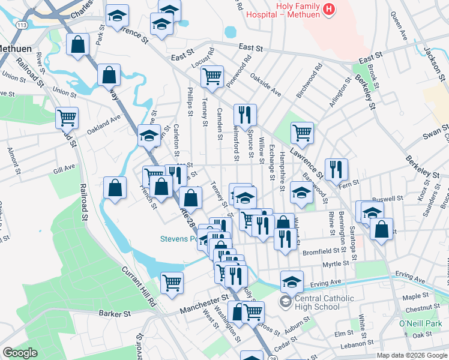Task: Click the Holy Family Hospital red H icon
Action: point(328,10)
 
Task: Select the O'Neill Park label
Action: point(420,324)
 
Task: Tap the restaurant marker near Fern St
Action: point(336,169)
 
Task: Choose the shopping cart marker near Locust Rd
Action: point(211,76)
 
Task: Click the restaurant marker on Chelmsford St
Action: point(245,114)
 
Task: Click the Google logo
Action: point(20,352)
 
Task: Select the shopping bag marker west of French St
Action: point(115,187)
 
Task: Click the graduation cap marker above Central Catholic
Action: point(292,280)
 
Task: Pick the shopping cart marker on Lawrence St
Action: point(301,133)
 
